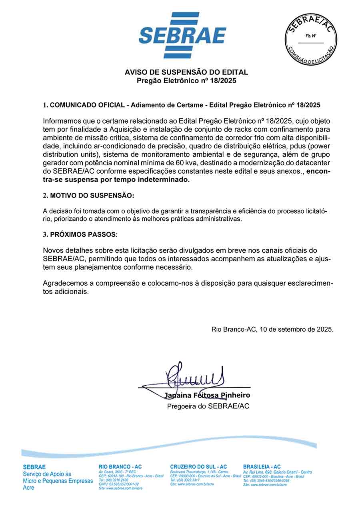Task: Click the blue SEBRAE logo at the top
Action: tap(182, 35)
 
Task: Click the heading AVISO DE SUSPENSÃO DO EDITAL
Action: tap(186, 72)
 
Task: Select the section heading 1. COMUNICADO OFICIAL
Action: tap(84, 105)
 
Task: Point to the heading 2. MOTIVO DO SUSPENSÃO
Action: tap(89, 196)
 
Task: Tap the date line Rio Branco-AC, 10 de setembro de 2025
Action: tap(272, 330)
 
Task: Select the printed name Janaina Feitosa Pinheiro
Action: tap(207, 395)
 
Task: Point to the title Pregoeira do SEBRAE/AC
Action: tap(208, 406)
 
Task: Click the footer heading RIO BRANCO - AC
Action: tap(120, 467)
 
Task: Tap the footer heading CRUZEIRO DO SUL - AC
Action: tap(198, 467)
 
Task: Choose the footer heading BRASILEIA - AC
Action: tap(262, 467)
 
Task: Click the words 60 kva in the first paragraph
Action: tap(186, 163)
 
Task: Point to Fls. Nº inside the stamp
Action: tap(310, 36)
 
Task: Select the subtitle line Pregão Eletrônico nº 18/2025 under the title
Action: tap(186, 80)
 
